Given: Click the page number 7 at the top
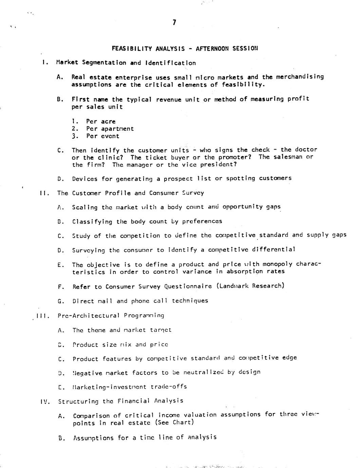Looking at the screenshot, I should click(x=174, y=23).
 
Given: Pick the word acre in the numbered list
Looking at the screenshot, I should click(x=108, y=121).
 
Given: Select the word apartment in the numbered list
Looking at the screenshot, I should click(x=117, y=129).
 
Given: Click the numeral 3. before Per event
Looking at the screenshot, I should click(x=75, y=136).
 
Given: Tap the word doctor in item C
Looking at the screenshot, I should click(x=306, y=150).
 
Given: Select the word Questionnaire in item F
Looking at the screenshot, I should click(x=188, y=287).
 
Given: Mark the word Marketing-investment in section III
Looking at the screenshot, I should click(x=110, y=387).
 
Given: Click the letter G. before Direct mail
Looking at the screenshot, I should click(x=61, y=301).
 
